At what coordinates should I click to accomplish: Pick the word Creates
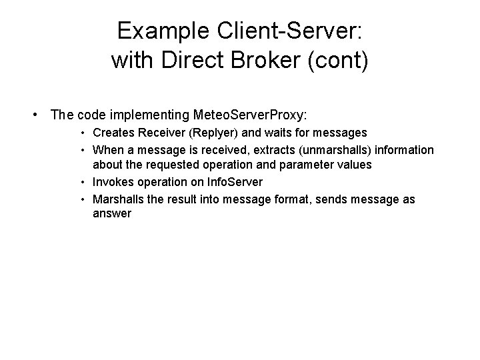(x=113, y=133)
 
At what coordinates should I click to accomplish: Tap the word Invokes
(x=113, y=181)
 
